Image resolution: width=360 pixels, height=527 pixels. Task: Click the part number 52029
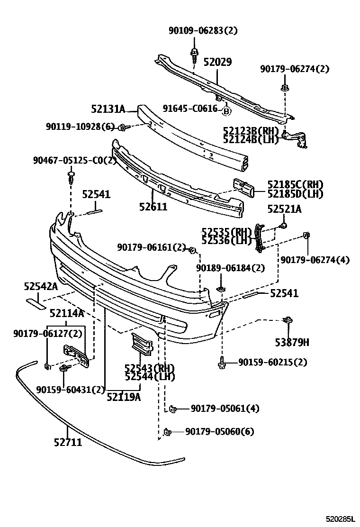pos(217,62)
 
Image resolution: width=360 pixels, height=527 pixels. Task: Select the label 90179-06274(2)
pos(294,69)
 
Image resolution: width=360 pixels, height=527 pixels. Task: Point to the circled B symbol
pos(226,111)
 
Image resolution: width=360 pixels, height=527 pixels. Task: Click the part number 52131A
pos(108,109)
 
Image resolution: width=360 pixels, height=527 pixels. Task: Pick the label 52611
pos(153,206)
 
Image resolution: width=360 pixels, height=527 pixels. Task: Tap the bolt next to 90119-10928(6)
pos(122,127)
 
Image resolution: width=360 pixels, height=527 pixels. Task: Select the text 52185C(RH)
pos(295,184)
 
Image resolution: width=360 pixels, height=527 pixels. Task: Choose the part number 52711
pos(68,443)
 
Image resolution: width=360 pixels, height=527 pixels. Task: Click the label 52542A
pos(41,286)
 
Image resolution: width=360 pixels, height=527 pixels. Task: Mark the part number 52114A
pos(67,313)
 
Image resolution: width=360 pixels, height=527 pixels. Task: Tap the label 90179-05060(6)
pos(220,431)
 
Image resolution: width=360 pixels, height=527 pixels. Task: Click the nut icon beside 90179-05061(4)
pos(173,409)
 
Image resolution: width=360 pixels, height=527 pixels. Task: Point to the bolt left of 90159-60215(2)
pos(222,363)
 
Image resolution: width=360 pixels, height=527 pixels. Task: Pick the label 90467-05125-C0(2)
pos(75,160)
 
